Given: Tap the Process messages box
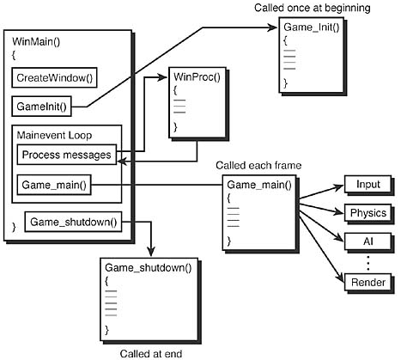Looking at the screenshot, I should (66, 155).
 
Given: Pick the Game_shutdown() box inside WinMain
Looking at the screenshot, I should (72, 223).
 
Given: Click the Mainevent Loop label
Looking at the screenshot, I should (55, 135).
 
